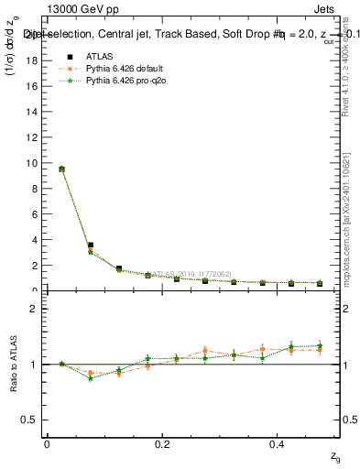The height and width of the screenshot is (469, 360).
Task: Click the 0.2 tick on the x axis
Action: (x=162, y=443)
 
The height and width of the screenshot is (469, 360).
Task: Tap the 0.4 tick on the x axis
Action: (x=278, y=443)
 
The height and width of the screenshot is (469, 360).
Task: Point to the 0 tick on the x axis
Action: (x=47, y=443)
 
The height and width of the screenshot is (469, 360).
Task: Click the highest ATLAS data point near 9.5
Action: (x=61, y=169)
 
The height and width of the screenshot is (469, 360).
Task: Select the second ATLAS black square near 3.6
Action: (x=90, y=245)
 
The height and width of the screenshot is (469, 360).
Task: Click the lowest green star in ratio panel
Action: (x=90, y=377)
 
